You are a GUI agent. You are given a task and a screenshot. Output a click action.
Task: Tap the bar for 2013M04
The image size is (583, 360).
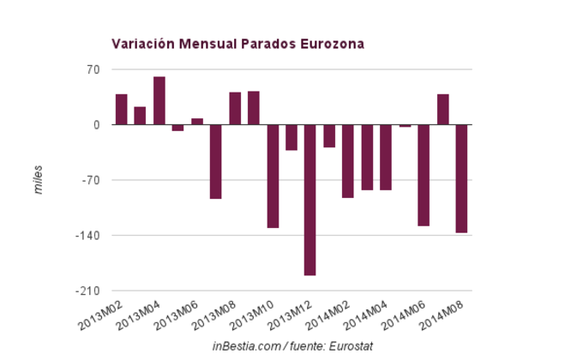(x=159, y=100)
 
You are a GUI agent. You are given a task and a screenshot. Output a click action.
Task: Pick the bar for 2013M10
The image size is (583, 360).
(x=273, y=176)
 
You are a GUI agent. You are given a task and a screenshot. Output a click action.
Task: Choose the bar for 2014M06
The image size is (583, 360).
(x=424, y=175)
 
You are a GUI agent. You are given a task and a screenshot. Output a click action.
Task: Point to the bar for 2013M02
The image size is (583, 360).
(x=122, y=109)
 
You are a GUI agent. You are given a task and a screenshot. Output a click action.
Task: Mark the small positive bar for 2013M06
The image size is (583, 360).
(x=197, y=122)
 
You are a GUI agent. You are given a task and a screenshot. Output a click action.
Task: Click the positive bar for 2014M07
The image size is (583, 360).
(x=442, y=109)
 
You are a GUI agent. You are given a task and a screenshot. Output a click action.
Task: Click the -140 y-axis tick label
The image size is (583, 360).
(x=89, y=236)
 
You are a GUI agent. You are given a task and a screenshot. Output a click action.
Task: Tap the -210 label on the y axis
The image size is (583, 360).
(x=89, y=291)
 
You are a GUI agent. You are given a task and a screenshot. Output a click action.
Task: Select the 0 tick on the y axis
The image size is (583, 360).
(x=97, y=125)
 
